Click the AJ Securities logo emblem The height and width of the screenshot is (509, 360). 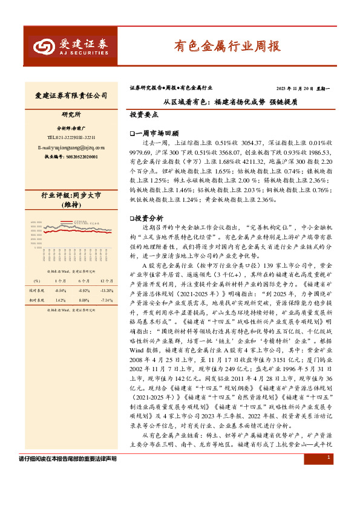point(44,47)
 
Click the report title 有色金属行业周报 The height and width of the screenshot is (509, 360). point(227,46)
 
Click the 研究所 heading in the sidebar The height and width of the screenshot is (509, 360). point(71,114)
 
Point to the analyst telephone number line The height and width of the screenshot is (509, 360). point(71,138)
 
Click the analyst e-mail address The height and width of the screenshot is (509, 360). point(71,147)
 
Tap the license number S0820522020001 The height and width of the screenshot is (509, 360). point(71,157)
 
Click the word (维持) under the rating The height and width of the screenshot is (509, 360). point(71,205)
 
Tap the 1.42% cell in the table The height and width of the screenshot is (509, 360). point(60,300)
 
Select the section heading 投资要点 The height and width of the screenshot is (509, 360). point(144,114)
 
